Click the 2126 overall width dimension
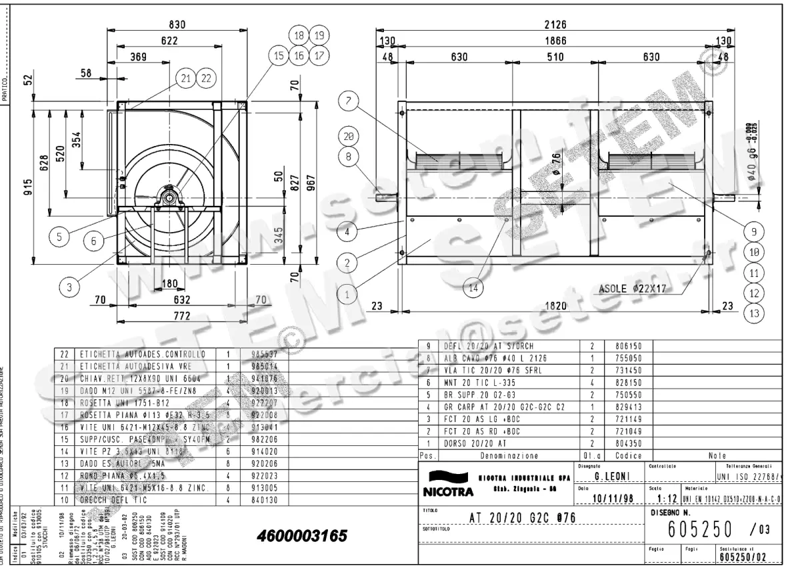[555, 25]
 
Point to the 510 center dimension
[555, 57]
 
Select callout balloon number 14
[473, 289]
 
